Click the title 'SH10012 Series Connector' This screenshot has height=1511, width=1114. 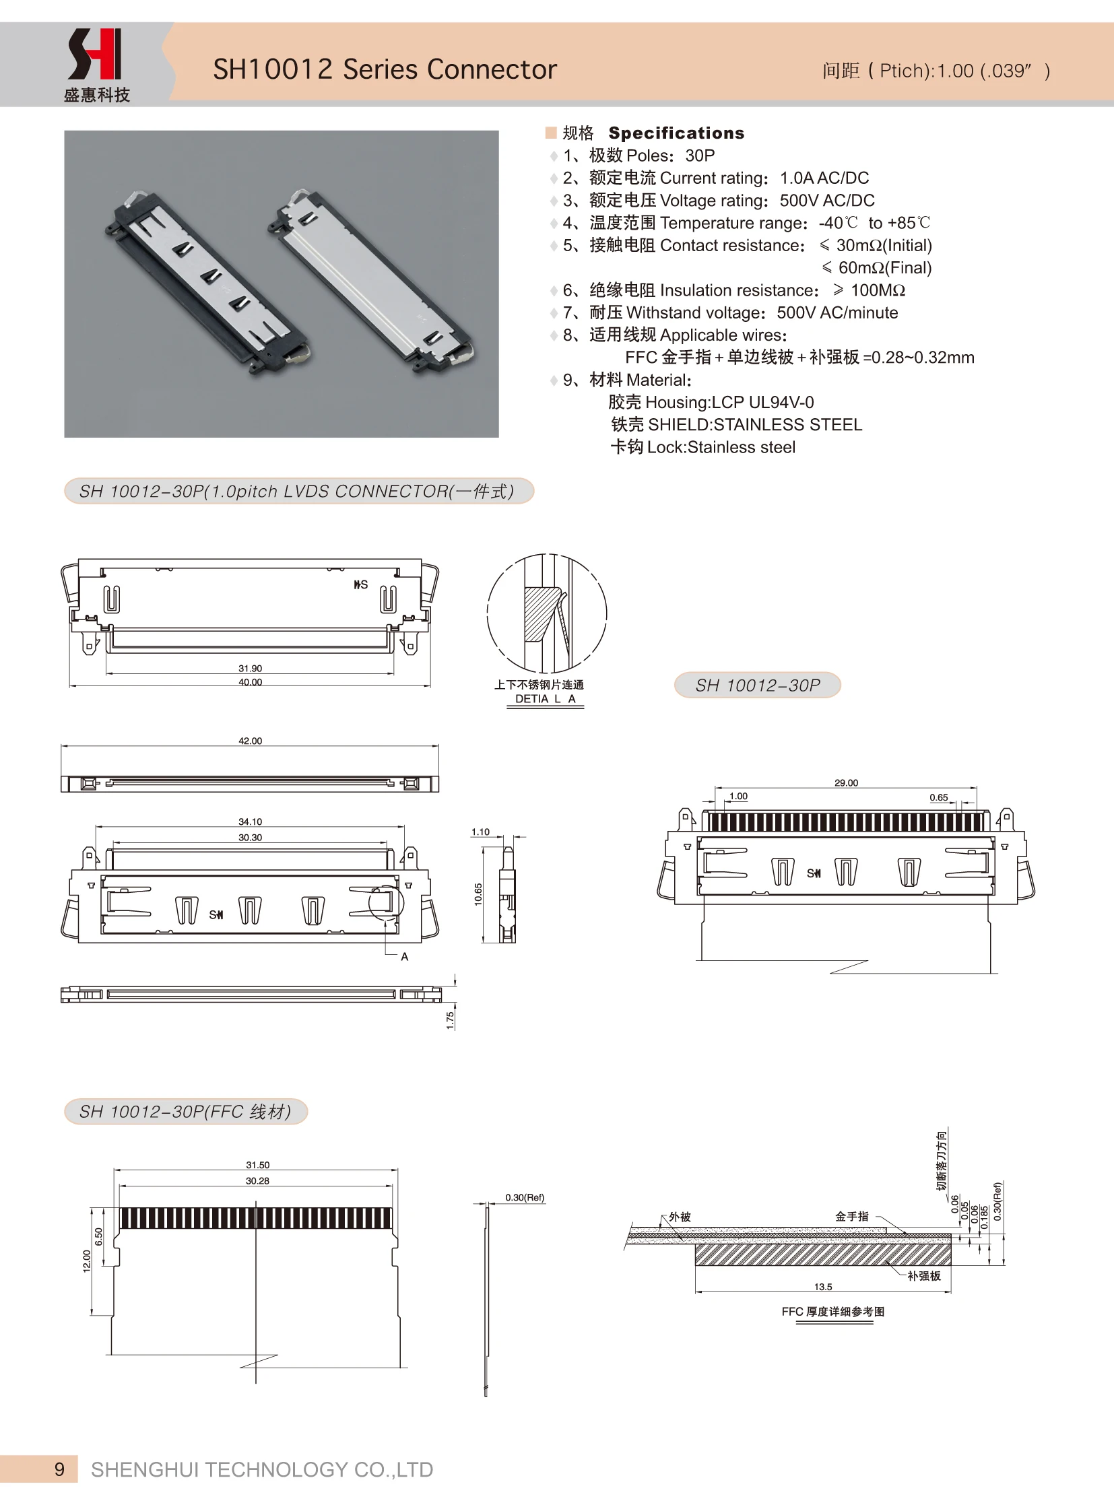coord(385,69)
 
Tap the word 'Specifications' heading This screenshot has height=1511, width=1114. coord(676,133)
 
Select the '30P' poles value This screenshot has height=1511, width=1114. coord(700,156)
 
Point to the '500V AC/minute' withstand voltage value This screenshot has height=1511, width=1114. coord(837,313)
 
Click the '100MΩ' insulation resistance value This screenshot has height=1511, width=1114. coord(878,291)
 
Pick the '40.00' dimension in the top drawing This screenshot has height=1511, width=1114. coord(250,682)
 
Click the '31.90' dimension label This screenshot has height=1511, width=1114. coord(250,668)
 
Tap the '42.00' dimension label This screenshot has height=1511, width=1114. coord(250,740)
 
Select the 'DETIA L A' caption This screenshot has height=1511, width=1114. coord(545,699)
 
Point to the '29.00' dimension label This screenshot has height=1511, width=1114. coord(847,783)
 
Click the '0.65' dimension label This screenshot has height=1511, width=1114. coord(939,797)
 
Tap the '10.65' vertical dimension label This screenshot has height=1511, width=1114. coord(478,894)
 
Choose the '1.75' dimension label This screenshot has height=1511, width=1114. coord(451,1020)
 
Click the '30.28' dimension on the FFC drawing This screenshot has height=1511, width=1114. coord(257,1180)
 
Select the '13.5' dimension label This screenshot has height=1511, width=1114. coord(822,1287)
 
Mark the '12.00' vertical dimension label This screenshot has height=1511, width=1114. coord(86,1261)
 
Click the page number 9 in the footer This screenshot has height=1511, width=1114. coord(59,1470)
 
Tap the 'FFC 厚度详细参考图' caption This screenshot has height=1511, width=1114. coord(832,1312)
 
